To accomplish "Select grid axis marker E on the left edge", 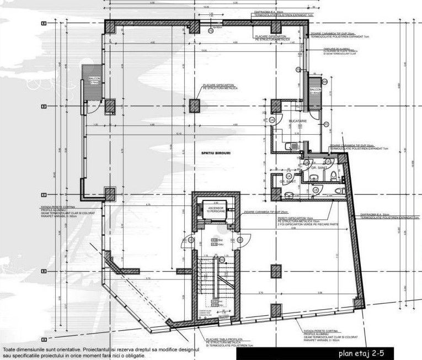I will pyautogui.click(x=43, y=24).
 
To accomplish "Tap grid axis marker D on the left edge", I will pyautogui.click(x=43, y=106).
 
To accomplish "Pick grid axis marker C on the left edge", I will pyautogui.click(x=43, y=195).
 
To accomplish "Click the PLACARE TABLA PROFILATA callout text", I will pyautogui.click(x=225, y=339).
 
